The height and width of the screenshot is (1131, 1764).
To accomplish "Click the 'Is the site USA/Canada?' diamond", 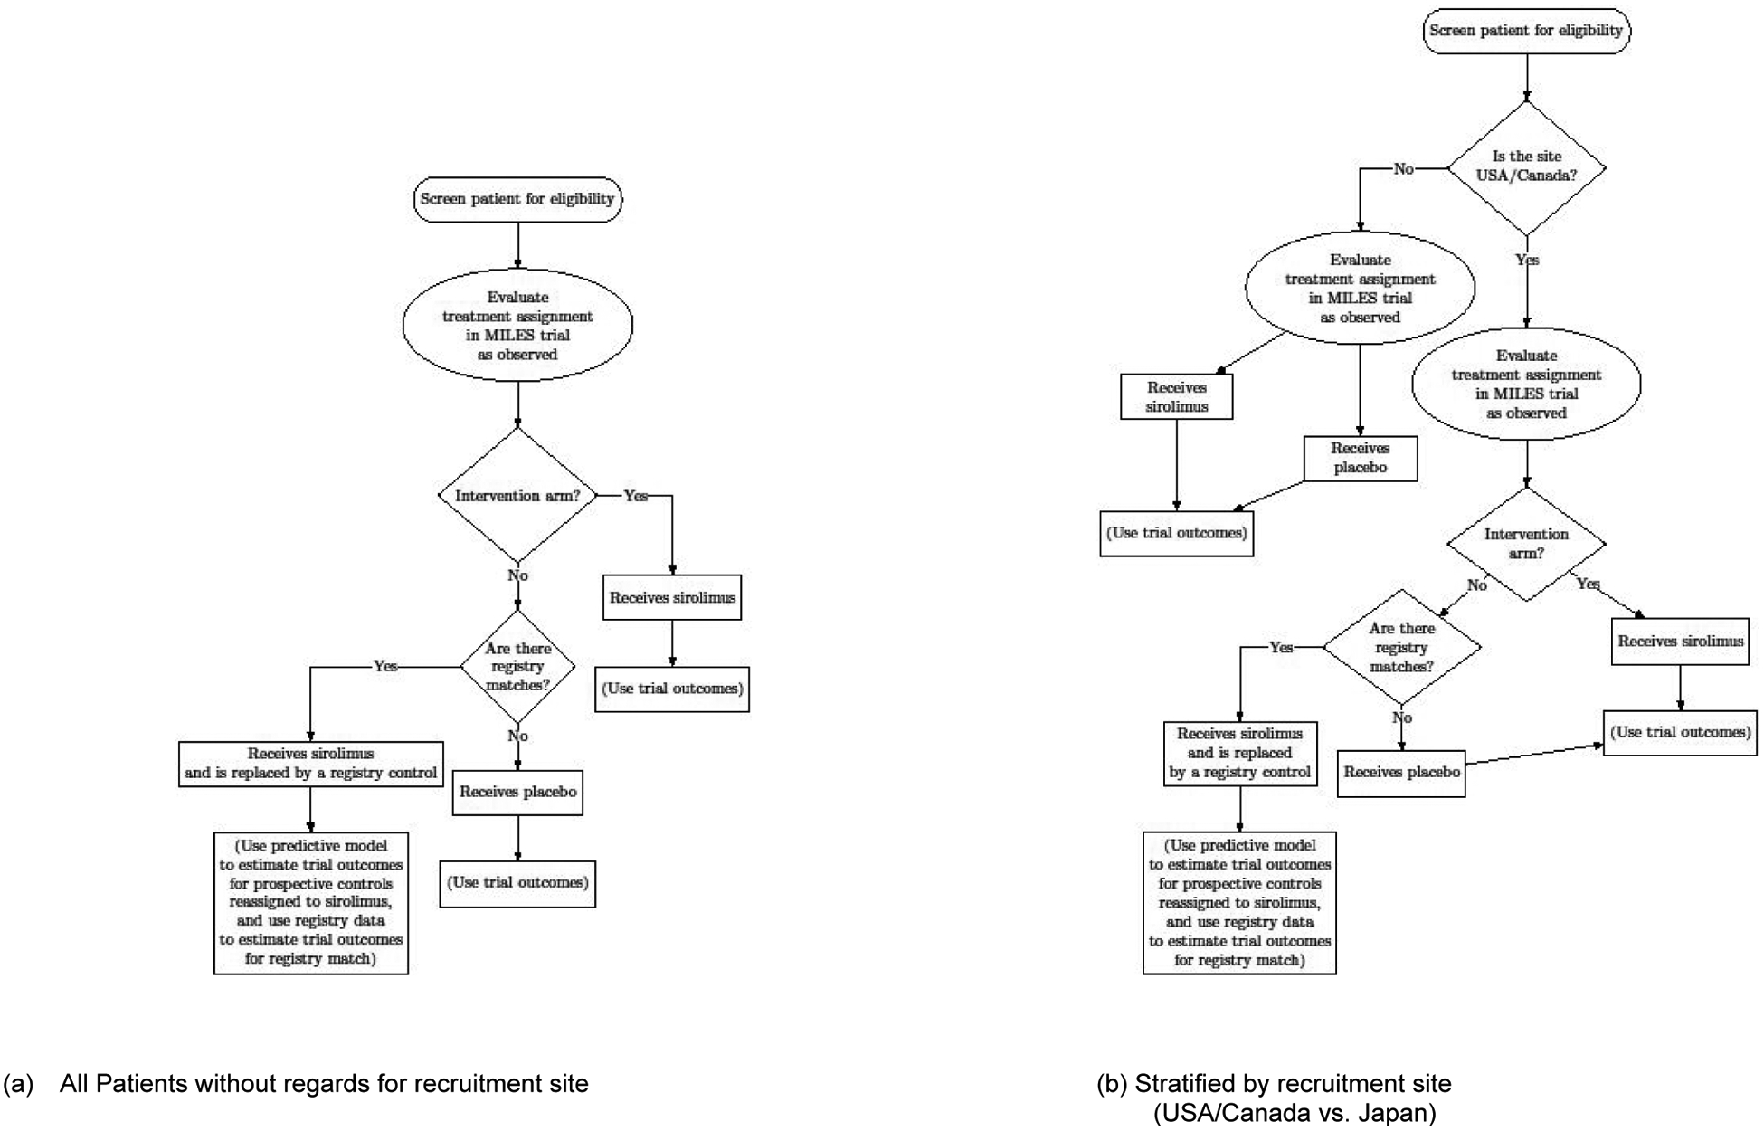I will [1526, 167].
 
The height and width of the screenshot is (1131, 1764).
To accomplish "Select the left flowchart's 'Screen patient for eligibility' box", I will [517, 199].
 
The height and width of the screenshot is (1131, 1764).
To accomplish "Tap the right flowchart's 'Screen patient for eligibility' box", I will [1526, 31].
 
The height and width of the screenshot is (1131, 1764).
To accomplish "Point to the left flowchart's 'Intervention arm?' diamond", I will [517, 496].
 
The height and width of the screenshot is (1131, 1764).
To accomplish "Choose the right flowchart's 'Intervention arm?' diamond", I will [1526, 544].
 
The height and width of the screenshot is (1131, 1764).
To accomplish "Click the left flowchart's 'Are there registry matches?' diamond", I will [517, 667].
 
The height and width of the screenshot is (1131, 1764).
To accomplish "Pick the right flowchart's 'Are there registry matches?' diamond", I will [1401, 647].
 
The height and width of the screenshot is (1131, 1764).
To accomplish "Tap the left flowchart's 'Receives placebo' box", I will [517, 792].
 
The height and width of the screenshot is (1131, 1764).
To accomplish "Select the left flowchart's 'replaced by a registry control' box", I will [310, 764].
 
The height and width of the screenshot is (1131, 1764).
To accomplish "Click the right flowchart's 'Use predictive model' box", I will [1239, 902].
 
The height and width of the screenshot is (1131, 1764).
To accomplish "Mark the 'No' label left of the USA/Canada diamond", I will [1403, 169].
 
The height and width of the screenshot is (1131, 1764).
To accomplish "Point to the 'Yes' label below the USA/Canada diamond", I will [1527, 260].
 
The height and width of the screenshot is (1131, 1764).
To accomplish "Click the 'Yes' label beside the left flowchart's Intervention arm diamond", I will [636, 496].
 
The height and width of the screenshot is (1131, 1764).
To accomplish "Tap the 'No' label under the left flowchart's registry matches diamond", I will [517, 737].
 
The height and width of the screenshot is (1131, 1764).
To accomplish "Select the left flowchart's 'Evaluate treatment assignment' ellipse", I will [517, 325].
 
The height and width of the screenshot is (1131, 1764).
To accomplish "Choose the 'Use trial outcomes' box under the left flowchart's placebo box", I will [517, 883].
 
